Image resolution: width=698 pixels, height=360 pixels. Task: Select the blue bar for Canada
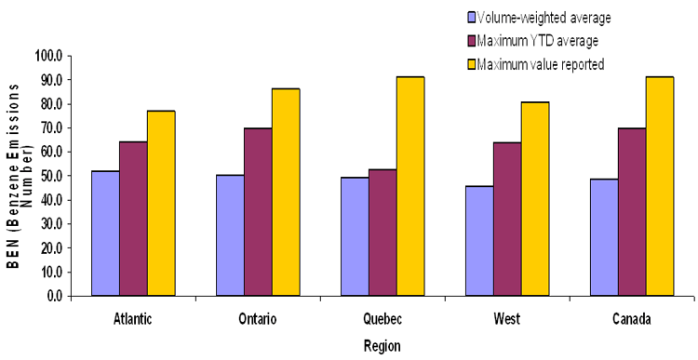pos(603,237)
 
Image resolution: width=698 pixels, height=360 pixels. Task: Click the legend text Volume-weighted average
pos(544,17)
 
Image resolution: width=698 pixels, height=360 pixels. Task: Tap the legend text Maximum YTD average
pos(537,40)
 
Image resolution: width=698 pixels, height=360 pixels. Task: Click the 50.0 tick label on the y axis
pos(47,176)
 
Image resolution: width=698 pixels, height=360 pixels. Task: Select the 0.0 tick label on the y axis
pos(51,296)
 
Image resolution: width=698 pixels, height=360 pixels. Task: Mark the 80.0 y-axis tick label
pos(47,104)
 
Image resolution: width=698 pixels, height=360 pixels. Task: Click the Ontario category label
pos(258,318)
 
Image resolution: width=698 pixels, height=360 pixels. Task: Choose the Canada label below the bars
pos(631,318)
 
